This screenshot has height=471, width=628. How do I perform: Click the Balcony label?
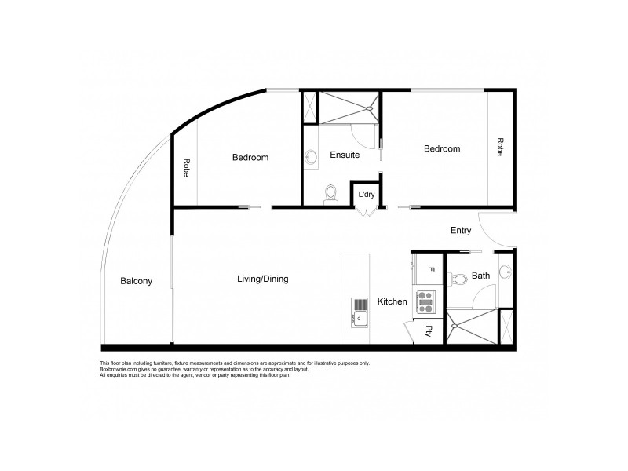tap(136, 281)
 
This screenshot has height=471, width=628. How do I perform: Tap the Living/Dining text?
tap(262, 279)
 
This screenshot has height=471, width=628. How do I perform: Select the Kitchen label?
tap(392, 301)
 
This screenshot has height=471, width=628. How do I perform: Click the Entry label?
tap(461, 231)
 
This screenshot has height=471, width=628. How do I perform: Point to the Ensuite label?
tap(344, 155)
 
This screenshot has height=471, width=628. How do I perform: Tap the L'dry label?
tap(366, 194)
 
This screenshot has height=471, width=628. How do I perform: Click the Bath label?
tap(481, 276)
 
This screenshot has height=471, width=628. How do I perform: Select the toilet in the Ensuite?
tap(331, 194)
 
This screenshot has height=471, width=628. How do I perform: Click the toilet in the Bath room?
tap(458, 278)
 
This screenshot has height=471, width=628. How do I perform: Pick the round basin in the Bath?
tap(506, 272)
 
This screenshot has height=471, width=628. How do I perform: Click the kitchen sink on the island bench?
tap(360, 318)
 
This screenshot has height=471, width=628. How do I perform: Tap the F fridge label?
tap(430, 270)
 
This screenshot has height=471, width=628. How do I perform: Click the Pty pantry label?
tap(429, 330)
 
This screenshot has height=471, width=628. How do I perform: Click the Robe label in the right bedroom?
tap(499, 147)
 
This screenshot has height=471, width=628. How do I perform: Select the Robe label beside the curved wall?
tap(186, 168)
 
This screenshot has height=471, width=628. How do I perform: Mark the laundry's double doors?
tap(366, 210)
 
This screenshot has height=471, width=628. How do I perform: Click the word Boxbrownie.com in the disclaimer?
tap(118, 370)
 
